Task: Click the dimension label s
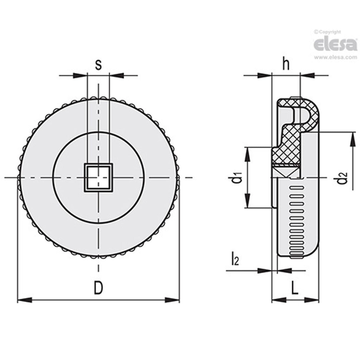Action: pos(98,65)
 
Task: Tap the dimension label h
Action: pos(286,65)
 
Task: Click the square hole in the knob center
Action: pos(98,178)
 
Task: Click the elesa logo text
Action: pos(335,45)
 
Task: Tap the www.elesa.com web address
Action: pos(335,57)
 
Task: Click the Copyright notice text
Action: pos(328,32)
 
